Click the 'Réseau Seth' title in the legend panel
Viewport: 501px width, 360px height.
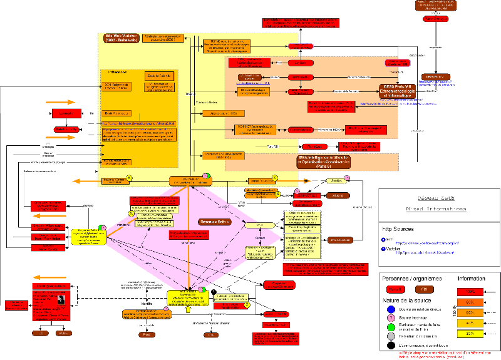(x=439, y=197)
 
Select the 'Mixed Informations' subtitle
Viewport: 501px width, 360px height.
(x=439, y=209)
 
